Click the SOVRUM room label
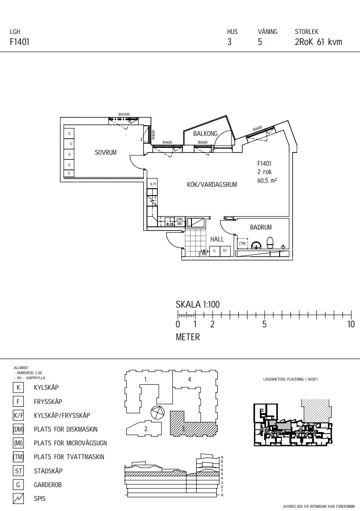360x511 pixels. (x=106, y=152)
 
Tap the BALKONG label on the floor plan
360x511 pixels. (x=205, y=134)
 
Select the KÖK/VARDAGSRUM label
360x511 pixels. (x=212, y=185)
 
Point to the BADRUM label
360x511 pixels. (x=261, y=227)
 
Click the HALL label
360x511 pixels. (x=217, y=239)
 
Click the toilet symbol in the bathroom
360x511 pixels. (x=270, y=243)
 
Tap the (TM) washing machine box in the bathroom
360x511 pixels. (x=242, y=243)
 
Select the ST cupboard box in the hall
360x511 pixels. (x=225, y=251)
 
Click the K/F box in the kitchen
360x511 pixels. (x=153, y=185)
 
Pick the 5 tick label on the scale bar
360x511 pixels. (x=264, y=324)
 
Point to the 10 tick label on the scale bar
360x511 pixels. (x=351, y=324)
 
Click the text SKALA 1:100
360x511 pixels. (x=198, y=304)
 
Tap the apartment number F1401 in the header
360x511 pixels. (x=20, y=42)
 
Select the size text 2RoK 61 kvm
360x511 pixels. (x=318, y=42)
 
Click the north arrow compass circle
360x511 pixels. (x=157, y=413)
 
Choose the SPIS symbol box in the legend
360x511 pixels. (x=18, y=499)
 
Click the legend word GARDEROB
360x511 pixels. (x=48, y=485)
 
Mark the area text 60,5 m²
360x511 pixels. (x=267, y=180)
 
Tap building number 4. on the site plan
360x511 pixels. (x=190, y=379)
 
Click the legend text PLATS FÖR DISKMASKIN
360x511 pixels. (x=66, y=429)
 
